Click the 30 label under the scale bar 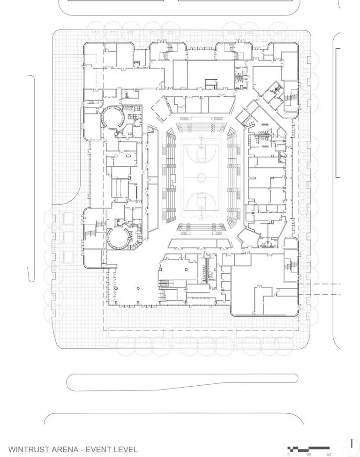(x=308, y=454)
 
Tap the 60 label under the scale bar (x=329, y=454)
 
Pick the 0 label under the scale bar (x=289, y=454)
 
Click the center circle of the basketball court (x=202, y=177)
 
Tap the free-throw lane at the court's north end (x=202, y=151)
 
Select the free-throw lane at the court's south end (x=202, y=202)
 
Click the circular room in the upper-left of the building (x=112, y=116)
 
